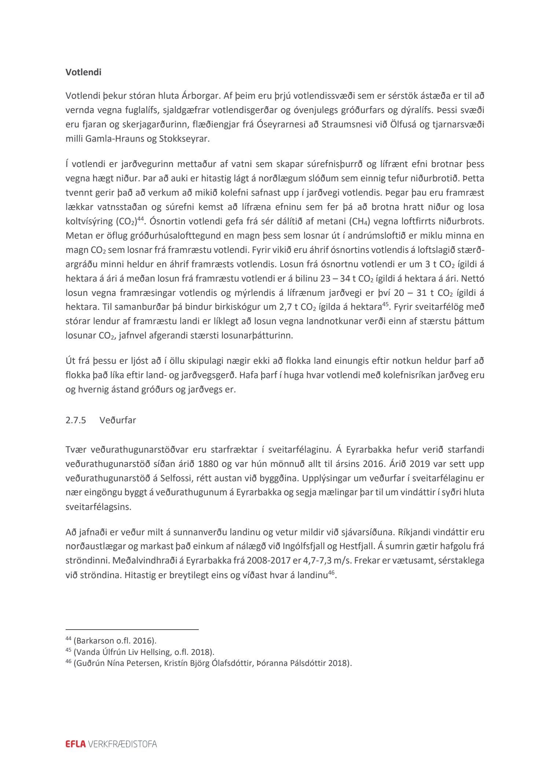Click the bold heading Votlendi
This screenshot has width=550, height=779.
coord(83,72)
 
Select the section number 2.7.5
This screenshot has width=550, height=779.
coord(76,420)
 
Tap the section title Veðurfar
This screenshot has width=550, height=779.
coord(118,420)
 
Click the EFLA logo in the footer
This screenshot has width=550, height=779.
coord(75,744)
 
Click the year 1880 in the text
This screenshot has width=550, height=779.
coord(208,464)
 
